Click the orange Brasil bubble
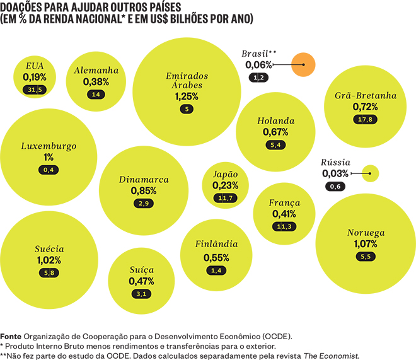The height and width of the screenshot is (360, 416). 303,64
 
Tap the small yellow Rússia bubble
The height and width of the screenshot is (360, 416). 371,173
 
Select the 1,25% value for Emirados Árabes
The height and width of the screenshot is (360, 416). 187,96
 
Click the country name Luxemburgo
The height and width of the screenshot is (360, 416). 49,146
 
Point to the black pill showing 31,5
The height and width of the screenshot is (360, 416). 35,90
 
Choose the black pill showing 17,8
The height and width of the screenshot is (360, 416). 365,120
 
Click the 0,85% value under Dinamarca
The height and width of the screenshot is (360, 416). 144,190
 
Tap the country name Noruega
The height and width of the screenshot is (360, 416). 366,233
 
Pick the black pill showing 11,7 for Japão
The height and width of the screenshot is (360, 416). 225,199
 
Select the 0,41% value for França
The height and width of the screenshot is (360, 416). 284,214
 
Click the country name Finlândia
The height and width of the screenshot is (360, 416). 217,245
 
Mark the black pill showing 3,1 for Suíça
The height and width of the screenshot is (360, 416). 141,294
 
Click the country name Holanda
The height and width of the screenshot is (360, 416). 275,121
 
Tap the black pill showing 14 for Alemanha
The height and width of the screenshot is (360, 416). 96,95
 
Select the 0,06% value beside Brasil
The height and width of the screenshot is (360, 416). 259,64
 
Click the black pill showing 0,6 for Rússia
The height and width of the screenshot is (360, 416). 335,186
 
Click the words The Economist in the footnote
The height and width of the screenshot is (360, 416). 331,355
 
